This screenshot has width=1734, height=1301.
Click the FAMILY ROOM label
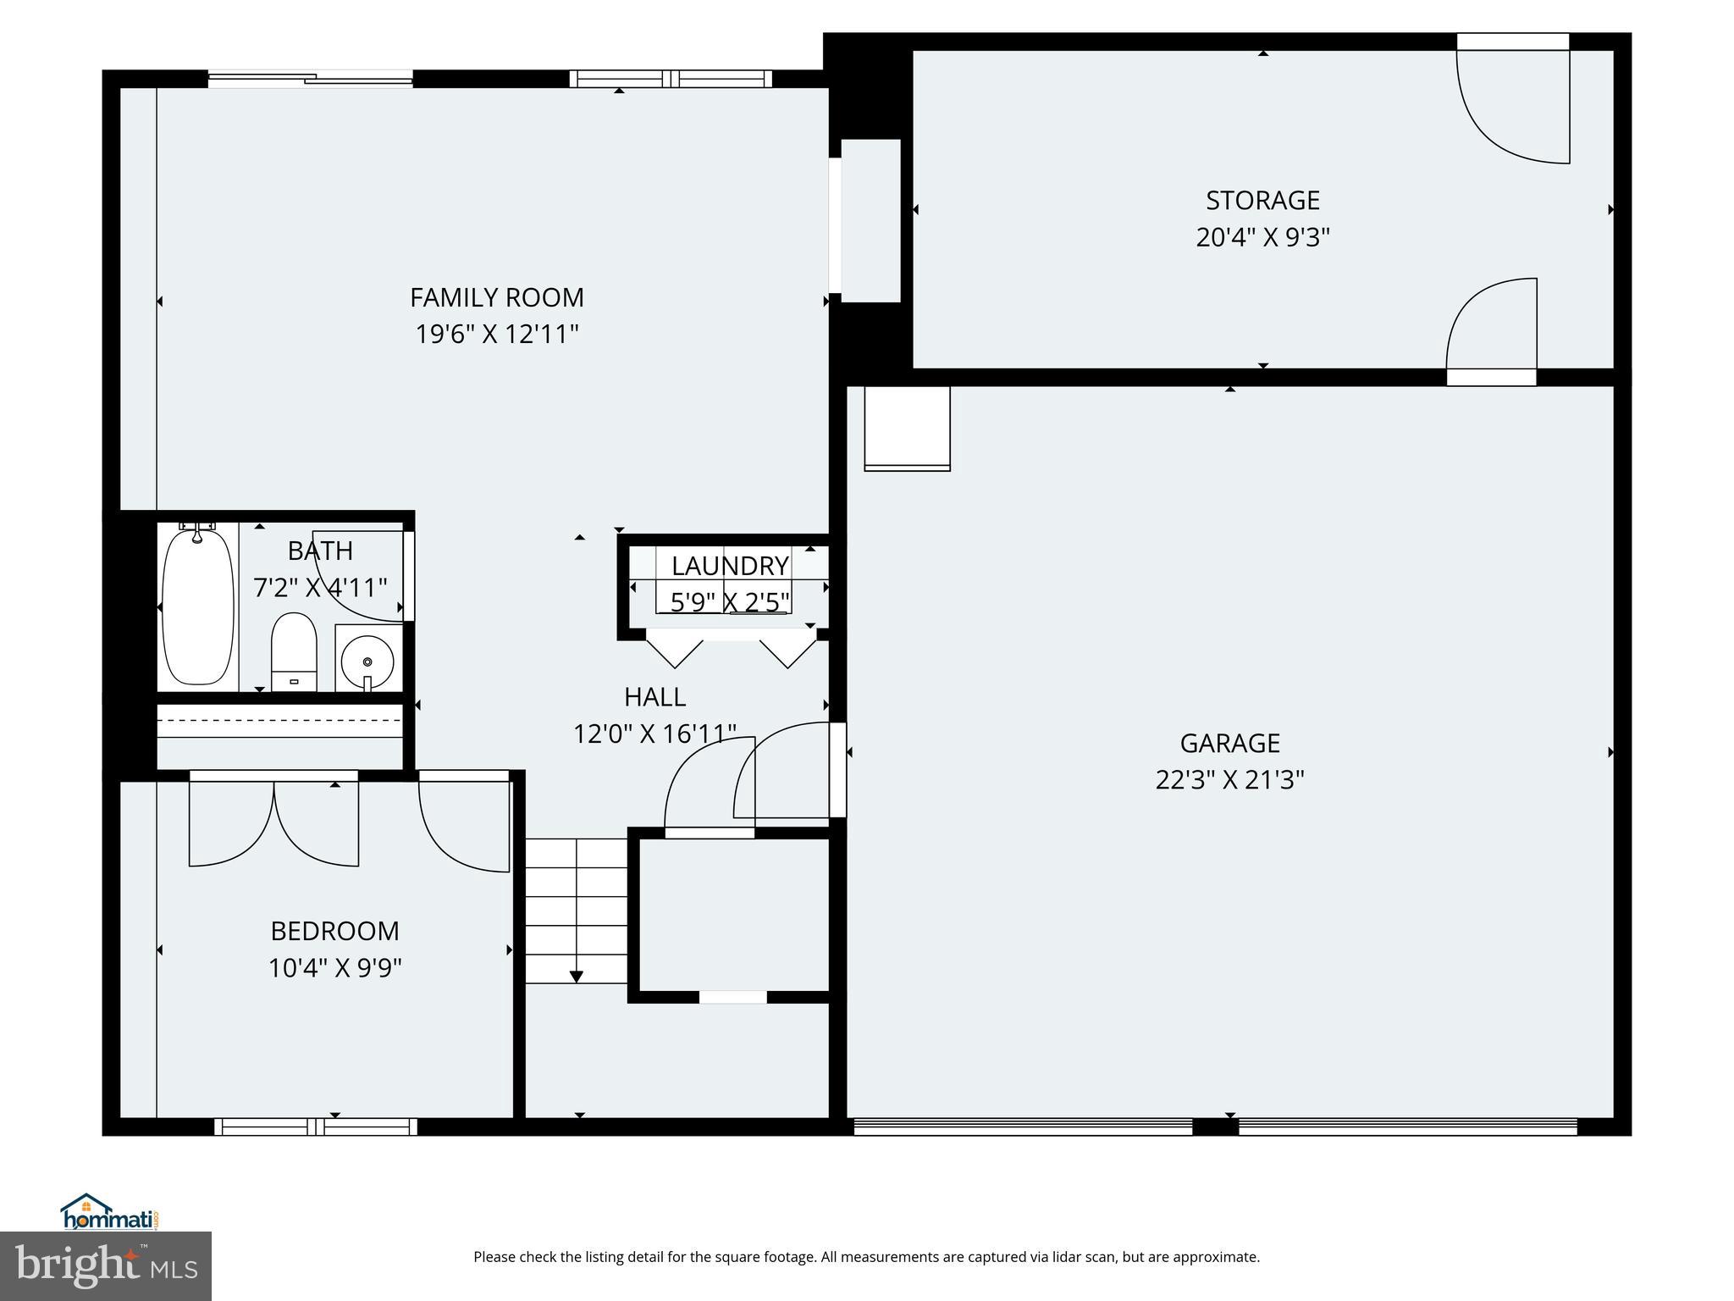tap(497, 297)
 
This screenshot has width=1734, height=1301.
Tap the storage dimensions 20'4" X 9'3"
tap(1262, 237)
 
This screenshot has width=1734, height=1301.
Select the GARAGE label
tap(1229, 743)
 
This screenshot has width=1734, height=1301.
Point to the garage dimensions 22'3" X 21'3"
tap(1229, 779)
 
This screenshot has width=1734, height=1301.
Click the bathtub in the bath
tap(197, 606)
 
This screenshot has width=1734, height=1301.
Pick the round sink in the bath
tap(367, 660)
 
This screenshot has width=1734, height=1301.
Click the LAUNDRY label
tap(730, 565)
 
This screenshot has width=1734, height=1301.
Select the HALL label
tap(654, 697)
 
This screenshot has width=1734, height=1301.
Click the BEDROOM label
tap(334, 931)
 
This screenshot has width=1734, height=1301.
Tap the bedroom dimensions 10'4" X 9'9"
tap(334, 967)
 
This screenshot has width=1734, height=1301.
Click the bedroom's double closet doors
tap(273, 819)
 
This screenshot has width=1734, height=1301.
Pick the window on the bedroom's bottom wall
tap(316, 1127)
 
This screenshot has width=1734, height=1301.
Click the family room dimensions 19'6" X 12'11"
tap(497, 335)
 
